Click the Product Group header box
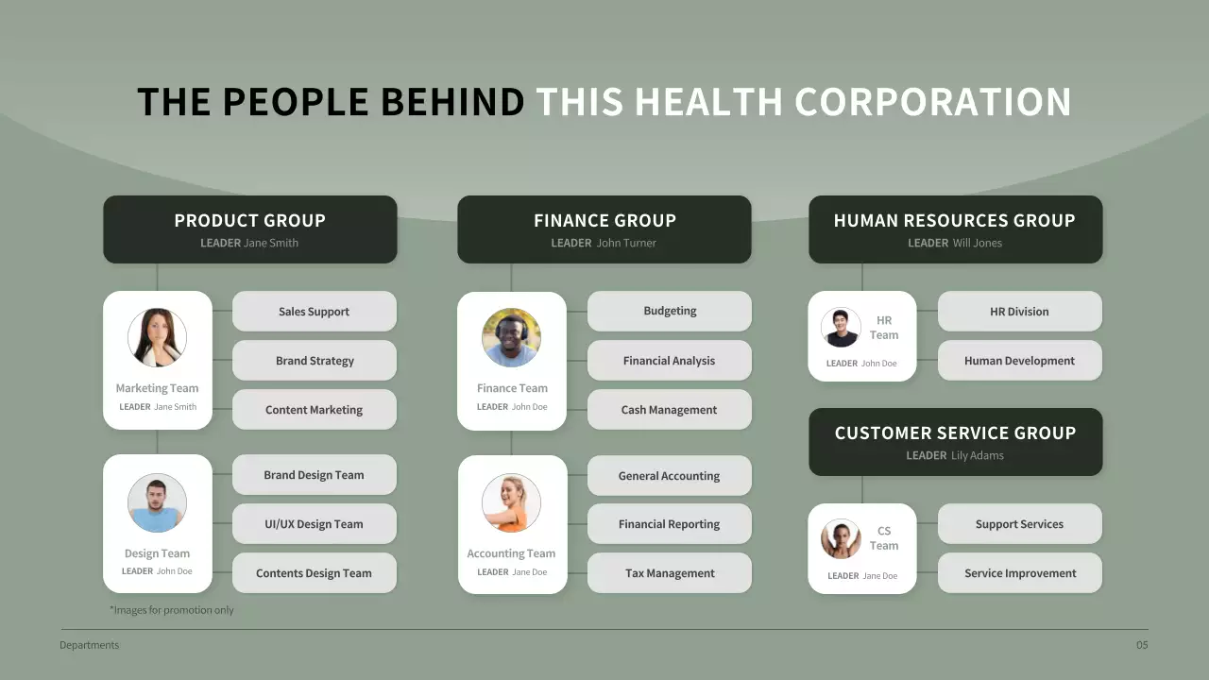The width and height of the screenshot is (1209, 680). click(249, 229)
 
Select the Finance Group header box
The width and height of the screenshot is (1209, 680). click(604, 229)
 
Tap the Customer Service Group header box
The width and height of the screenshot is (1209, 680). click(955, 442)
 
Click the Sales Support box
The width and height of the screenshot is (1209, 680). click(315, 312)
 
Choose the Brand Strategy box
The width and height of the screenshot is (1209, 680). click(315, 361)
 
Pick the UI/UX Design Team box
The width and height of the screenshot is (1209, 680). click(315, 524)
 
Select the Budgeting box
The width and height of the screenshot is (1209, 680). click(670, 311)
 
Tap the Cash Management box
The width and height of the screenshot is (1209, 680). click(670, 410)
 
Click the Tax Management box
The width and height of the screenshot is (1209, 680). click(670, 573)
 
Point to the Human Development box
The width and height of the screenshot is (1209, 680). click(1020, 361)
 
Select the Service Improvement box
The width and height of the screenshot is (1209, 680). click(1020, 573)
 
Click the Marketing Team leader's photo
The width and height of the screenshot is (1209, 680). click(157, 337)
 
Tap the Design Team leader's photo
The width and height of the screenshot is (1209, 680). click(157, 502)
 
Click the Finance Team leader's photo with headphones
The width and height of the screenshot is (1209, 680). click(511, 337)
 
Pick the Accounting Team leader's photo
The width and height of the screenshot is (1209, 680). click(511, 502)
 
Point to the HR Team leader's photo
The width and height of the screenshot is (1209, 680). click(841, 328)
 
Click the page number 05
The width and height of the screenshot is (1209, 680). click(1142, 646)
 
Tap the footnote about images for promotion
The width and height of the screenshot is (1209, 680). click(172, 610)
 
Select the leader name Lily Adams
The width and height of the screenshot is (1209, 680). click(978, 455)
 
